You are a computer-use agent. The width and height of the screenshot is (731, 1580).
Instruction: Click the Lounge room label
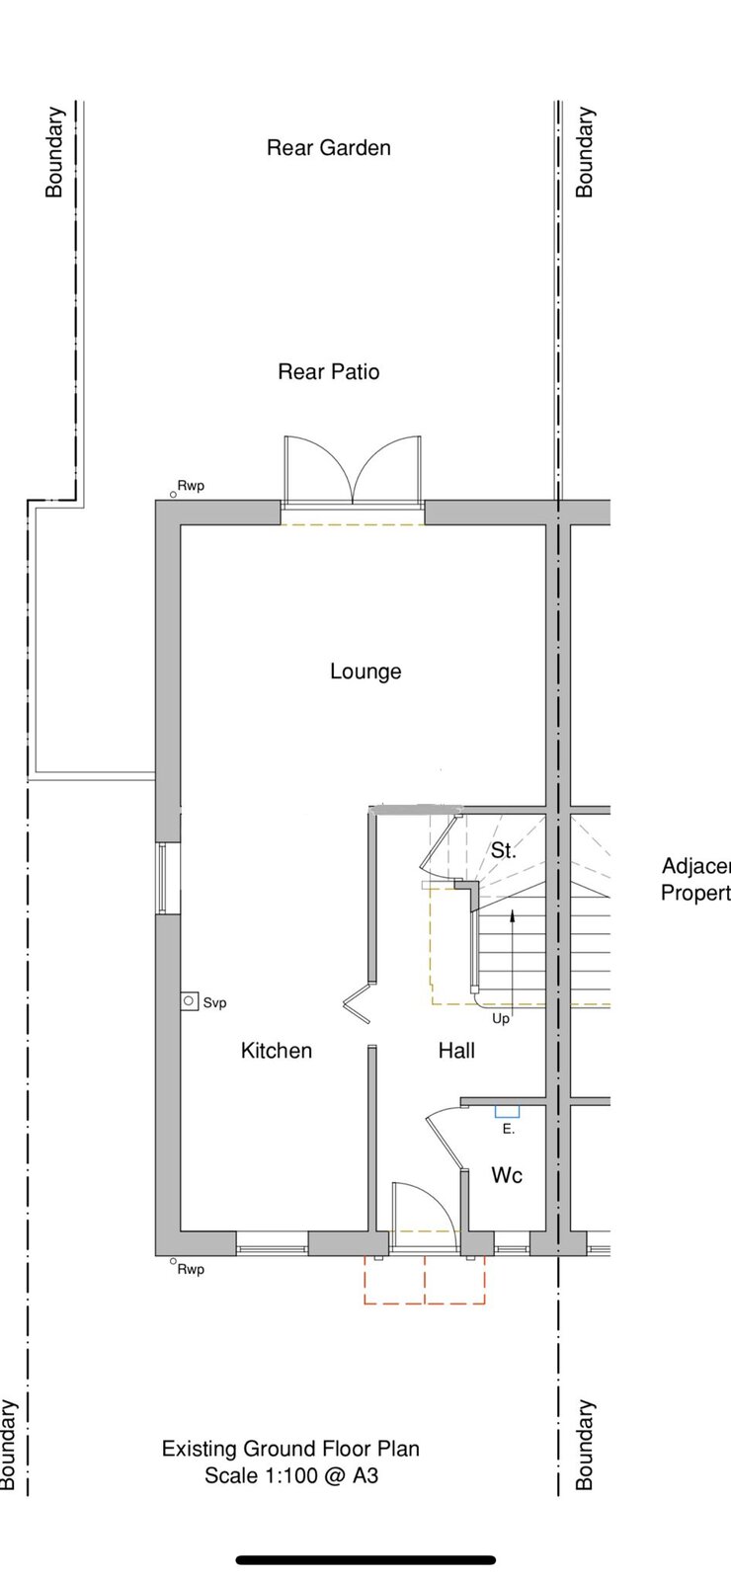pos(365,671)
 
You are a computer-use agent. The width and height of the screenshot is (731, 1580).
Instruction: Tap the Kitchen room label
pos(276,1051)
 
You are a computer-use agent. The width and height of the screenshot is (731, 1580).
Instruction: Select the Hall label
pos(456,1051)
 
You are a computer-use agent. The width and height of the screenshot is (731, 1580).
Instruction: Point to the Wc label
pos(507,1174)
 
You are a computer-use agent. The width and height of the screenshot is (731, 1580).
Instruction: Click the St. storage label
pos(503,850)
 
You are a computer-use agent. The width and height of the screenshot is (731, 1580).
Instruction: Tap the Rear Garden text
pos(328,147)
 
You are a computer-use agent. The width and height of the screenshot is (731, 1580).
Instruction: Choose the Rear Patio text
pos(328,371)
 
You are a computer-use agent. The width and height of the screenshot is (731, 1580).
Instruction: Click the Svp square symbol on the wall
pos(189,1001)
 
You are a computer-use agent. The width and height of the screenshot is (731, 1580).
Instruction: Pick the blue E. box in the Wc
pos(507,1112)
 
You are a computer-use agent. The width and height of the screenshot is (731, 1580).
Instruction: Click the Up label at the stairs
pos(500,1018)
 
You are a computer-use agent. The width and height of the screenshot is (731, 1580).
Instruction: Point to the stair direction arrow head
pos(512,914)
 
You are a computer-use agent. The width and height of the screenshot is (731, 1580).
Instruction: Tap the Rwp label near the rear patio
pos(191,486)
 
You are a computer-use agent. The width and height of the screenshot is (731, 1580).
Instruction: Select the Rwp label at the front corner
pos(191,1269)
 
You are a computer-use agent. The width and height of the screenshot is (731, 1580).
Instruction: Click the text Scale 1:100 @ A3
pos(290,1475)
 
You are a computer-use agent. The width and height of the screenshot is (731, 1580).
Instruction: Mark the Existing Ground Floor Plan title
pos(290,1449)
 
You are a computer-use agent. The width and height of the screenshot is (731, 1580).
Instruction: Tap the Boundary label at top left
pos(53,152)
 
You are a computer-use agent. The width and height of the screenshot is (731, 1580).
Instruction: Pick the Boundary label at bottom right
pos(584,1445)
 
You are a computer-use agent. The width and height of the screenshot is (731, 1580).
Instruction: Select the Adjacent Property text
pos(695,879)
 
